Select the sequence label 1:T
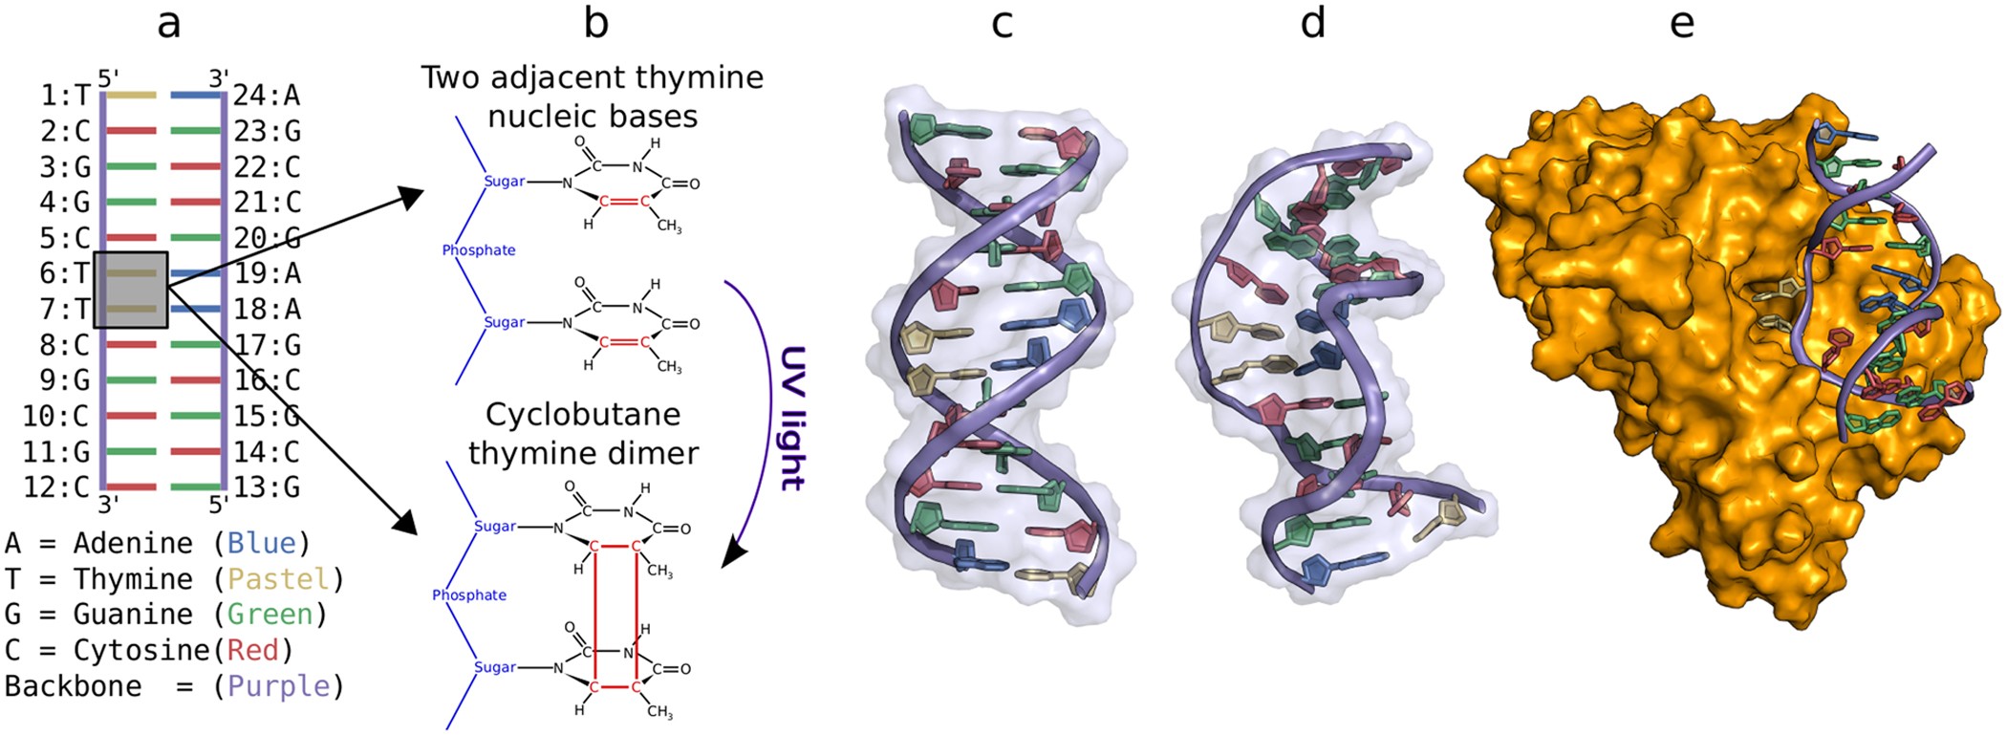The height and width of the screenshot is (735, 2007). tap(65, 96)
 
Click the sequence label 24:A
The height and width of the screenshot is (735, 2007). tap(267, 96)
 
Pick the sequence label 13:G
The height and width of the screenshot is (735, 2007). tap(267, 487)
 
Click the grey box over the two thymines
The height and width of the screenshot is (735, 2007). tap(131, 291)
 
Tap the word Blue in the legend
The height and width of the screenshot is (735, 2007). tap(261, 543)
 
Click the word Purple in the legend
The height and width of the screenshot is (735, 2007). tap(278, 686)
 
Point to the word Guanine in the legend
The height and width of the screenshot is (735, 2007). tap(134, 615)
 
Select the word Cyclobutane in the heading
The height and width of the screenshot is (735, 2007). tap(583, 415)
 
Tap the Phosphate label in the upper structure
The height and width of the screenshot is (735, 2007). tap(479, 250)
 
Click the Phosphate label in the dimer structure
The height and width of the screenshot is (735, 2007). tap(469, 595)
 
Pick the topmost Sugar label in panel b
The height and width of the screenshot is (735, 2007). tap(505, 182)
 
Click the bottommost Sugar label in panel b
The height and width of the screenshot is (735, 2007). tap(495, 667)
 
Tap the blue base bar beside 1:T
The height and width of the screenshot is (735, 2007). tap(196, 96)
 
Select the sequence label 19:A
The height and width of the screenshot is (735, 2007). tap(267, 274)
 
